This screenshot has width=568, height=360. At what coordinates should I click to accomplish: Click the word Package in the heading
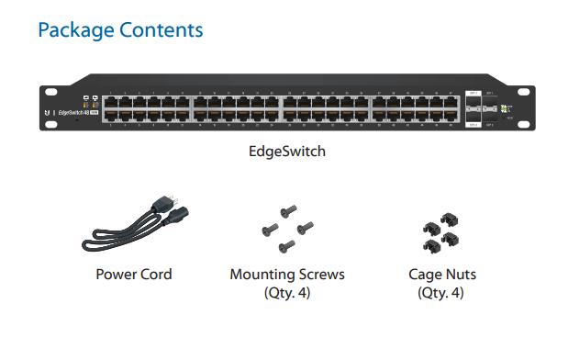[x=76, y=30]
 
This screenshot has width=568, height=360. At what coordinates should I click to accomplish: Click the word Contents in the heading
[x=161, y=29]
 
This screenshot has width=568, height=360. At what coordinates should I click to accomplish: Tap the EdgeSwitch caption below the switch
[x=287, y=152]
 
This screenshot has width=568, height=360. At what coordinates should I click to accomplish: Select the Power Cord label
[x=134, y=275]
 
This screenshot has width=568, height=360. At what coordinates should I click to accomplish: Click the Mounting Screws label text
[x=287, y=275]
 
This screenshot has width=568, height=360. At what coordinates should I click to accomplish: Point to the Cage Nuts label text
[x=442, y=275]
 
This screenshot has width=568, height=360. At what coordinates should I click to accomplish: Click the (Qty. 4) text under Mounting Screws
[x=287, y=293]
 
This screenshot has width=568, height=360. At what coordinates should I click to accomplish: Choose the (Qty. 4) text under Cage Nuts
[x=440, y=293]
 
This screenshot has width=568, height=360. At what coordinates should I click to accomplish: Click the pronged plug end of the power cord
[x=165, y=203]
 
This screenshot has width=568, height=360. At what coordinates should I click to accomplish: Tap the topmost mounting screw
[x=289, y=211]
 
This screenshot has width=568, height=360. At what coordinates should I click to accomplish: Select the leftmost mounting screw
[x=270, y=230]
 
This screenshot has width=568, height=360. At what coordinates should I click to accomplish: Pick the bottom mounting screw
[x=287, y=246]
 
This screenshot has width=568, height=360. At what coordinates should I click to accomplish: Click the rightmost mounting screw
[x=306, y=228]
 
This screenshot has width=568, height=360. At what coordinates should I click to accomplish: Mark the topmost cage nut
[x=450, y=219]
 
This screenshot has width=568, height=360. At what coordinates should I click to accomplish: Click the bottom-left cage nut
[x=432, y=246]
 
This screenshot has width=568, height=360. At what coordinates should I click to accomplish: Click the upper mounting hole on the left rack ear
[x=51, y=92]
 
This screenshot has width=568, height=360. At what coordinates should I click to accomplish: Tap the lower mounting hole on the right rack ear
[x=523, y=125]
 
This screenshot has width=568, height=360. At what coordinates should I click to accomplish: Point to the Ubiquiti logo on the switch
[x=47, y=113]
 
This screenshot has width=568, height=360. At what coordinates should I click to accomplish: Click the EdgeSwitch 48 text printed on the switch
[x=73, y=113]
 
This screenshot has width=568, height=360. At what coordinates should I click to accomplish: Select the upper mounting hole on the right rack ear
[x=523, y=92]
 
